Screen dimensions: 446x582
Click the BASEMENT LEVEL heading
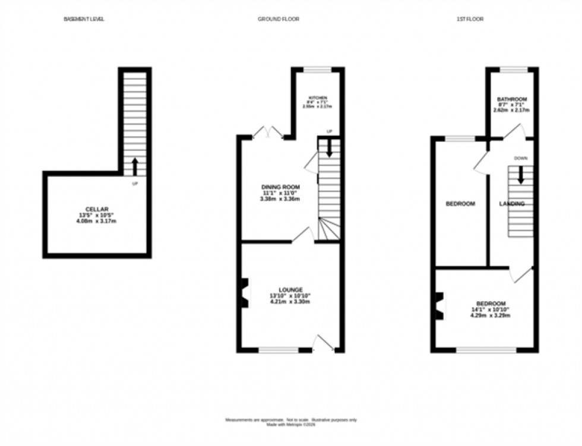[x=84, y=19]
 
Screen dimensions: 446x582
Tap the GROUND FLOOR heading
[x=278, y=19]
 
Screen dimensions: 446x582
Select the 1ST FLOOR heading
[x=470, y=19]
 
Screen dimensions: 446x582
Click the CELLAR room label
[x=97, y=209]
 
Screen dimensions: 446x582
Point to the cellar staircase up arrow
[x=135, y=166]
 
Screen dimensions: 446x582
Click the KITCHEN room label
[x=317, y=98]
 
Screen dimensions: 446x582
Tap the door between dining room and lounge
[x=303, y=236]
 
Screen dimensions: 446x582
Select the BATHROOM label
[x=512, y=99]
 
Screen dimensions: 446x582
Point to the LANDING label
[x=511, y=204]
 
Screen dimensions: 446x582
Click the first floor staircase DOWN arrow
[x=521, y=175]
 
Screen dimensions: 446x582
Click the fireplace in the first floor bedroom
[x=439, y=306]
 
